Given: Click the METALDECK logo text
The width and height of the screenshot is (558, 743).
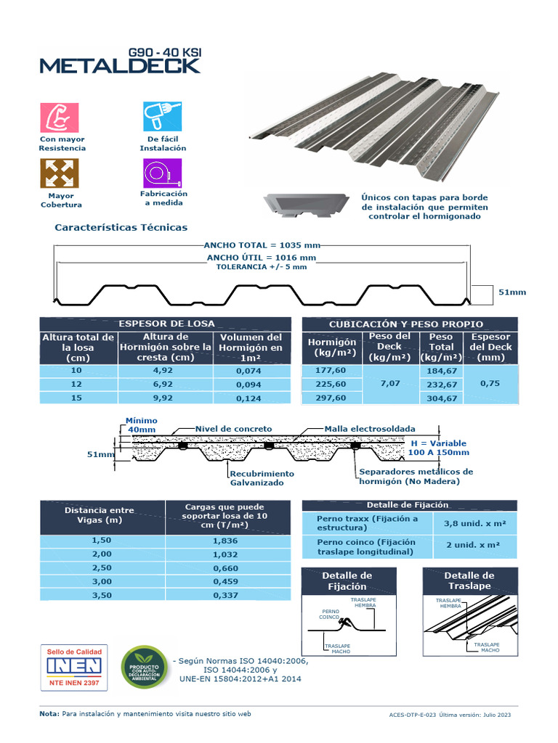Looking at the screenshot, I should pyautogui.click(x=120, y=65).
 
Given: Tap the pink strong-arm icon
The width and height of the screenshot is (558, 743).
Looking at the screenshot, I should pyautogui.click(x=59, y=117).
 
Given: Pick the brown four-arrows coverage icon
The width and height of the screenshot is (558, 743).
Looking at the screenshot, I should pyautogui.click(x=59, y=174).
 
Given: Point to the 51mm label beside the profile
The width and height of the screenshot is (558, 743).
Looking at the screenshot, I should pyautogui.click(x=511, y=292).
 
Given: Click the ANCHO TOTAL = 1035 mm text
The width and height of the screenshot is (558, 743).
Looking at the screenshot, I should pyautogui.click(x=262, y=246).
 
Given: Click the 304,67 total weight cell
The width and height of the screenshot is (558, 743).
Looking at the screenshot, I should pyautogui.click(x=441, y=398).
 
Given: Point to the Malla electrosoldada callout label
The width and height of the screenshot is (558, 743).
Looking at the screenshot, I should pyautogui.click(x=370, y=429).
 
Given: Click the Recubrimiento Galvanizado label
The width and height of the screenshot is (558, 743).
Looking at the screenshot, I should pyautogui.click(x=262, y=477).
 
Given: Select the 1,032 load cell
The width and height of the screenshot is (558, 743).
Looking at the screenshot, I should pyautogui.click(x=226, y=554).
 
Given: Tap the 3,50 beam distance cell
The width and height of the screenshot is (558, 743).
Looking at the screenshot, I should pyautogui.click(x=102, y=596).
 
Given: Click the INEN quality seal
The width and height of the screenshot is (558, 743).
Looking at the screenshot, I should pyautogui.click(x=73, y=666).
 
